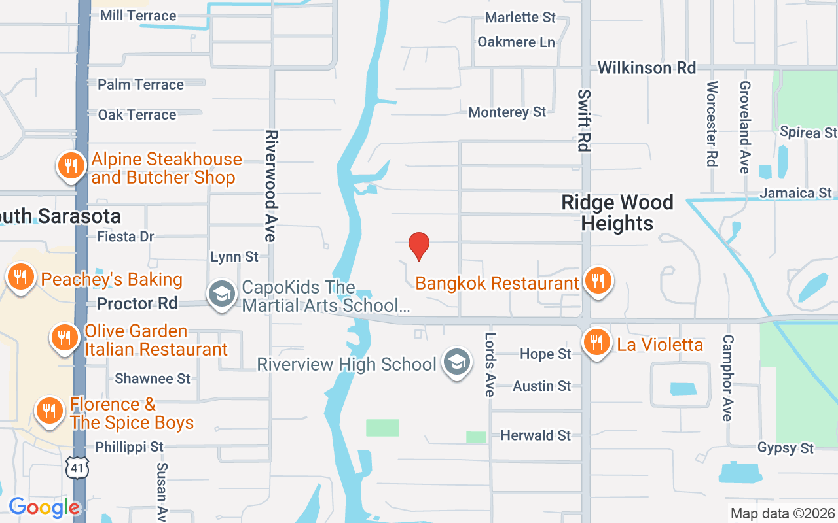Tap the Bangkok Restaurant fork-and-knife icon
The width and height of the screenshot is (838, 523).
click(597, 280)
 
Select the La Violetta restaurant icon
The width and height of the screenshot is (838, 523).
click(596, 342)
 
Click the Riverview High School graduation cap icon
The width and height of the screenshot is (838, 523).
click(456, 362)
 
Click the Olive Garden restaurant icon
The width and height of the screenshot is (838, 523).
click(64, 337)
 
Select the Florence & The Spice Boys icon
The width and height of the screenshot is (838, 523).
click(49, 411)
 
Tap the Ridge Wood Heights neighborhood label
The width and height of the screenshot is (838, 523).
click(617, 212)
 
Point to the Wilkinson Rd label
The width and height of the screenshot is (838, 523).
click(646, 67)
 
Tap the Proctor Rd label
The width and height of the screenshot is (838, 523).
click(137, 303)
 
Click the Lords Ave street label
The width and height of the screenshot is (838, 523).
click(490, 365)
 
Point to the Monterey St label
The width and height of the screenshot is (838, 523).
click(507, 112)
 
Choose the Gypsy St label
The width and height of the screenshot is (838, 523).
click(785, 448)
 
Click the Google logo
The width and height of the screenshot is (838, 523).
click(45, 507)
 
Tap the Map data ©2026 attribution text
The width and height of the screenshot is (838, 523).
click(782, 513)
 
